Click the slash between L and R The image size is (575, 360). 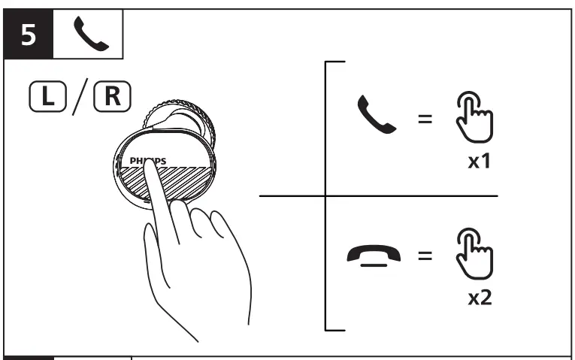coord(78,98)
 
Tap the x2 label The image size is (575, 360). coord(480,298)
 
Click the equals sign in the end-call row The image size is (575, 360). coord(425,256)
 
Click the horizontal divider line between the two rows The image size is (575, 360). coord(376,196)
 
